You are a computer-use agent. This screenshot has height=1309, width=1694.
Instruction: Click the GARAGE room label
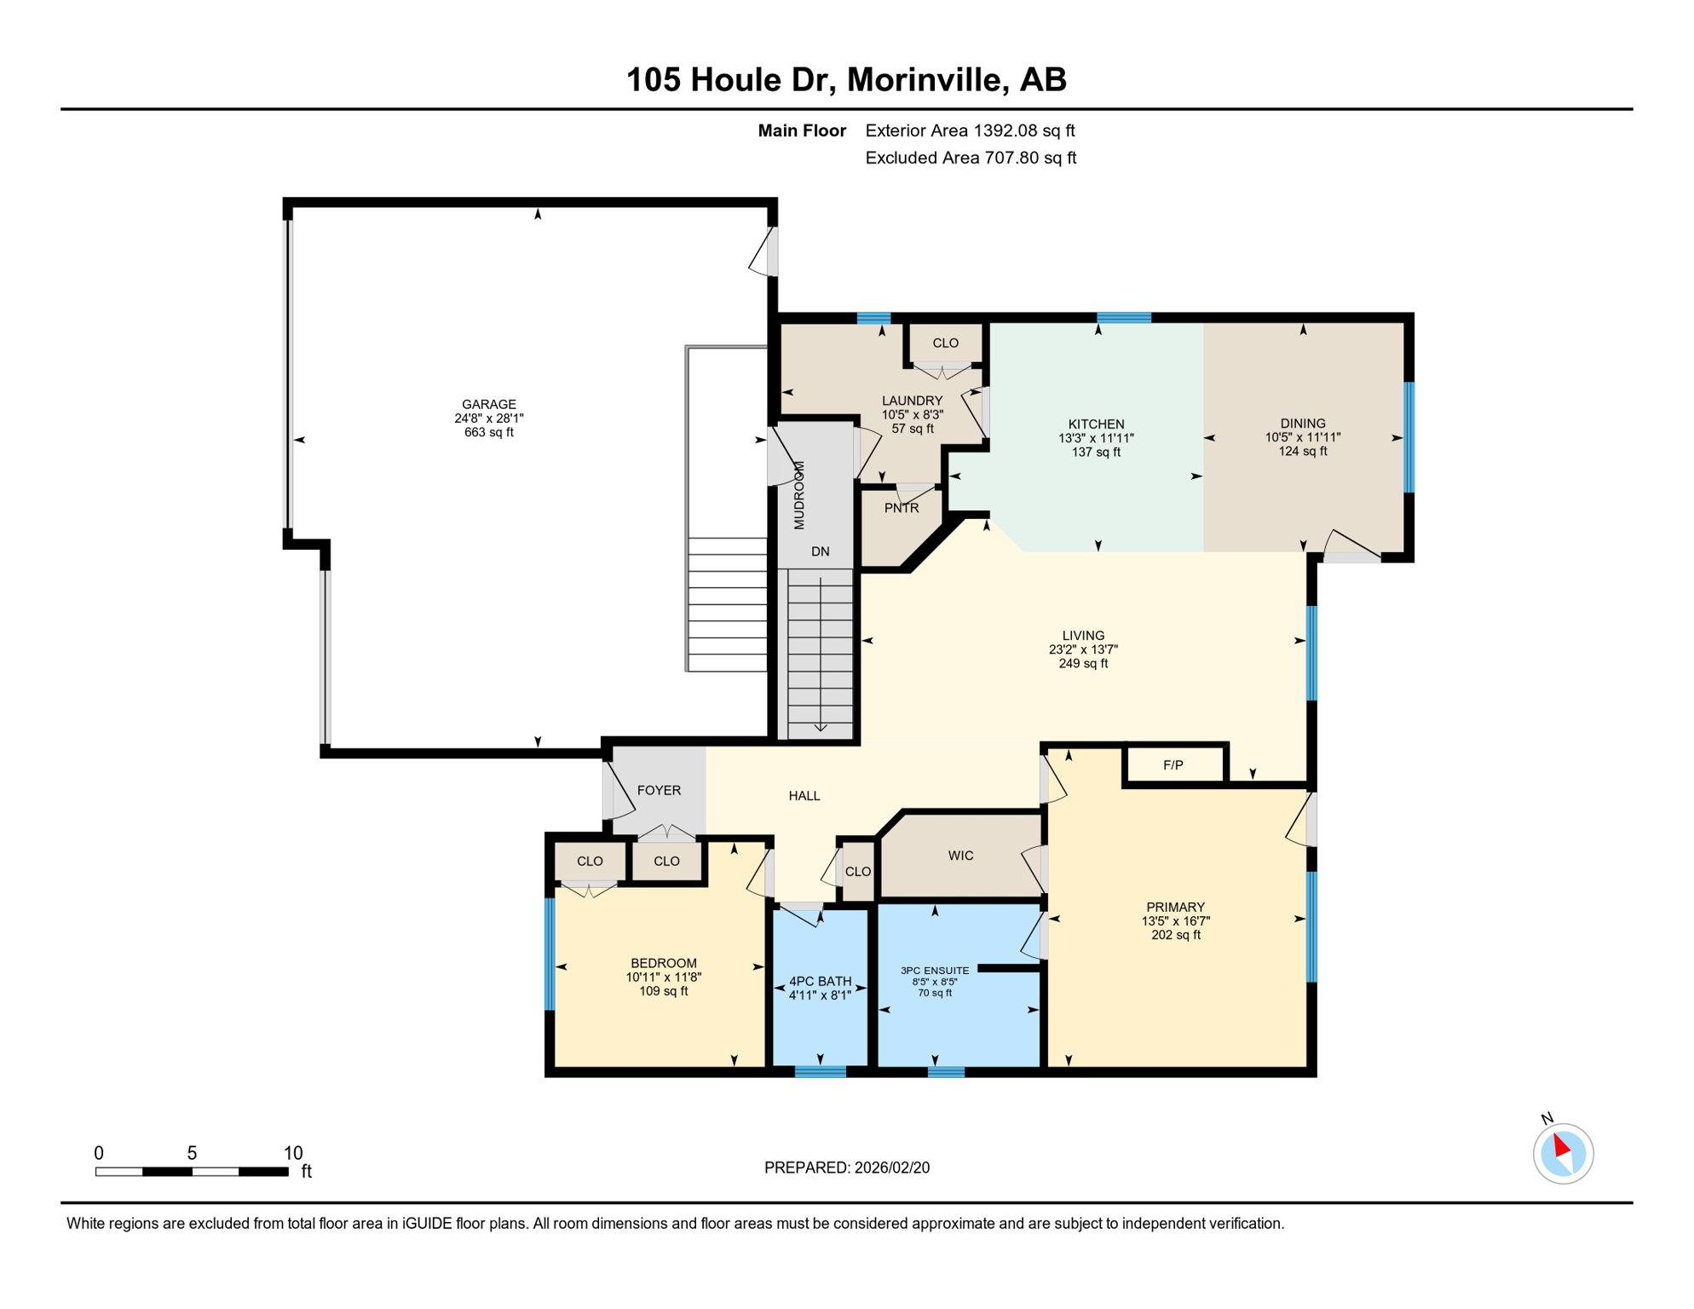coord(489,405)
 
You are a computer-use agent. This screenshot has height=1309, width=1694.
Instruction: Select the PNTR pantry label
coord(902,509)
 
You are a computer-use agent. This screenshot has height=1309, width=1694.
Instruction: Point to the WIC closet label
coord(961,856)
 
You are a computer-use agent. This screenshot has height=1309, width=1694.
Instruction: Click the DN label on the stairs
coord(821,552)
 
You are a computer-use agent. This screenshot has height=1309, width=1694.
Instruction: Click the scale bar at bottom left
coord(193,1172)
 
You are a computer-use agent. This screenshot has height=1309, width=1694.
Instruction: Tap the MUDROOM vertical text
coord(799,496)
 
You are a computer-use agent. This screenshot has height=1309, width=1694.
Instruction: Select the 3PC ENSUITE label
coord(935,971)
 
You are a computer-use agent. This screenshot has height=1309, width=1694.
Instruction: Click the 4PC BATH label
coord(821,982)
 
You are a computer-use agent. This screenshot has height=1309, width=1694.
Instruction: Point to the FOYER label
coord(660,791)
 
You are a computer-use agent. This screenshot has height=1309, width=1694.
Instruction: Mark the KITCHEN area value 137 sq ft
coord(1097,453)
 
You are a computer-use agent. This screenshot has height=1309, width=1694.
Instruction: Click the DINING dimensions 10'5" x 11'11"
coord(1303,438)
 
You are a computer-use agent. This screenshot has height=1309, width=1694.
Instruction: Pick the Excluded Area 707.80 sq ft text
coord(971,159)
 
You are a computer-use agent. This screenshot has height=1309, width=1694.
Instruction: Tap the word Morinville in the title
coord(924,80)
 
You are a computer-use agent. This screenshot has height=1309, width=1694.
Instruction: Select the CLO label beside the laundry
coord(946,343)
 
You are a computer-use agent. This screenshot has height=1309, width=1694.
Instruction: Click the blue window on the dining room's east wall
coord(1409,437)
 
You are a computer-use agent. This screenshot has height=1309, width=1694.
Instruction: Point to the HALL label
coord(804,797)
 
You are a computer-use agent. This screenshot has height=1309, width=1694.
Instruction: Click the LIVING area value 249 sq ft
coord(1084,664)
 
